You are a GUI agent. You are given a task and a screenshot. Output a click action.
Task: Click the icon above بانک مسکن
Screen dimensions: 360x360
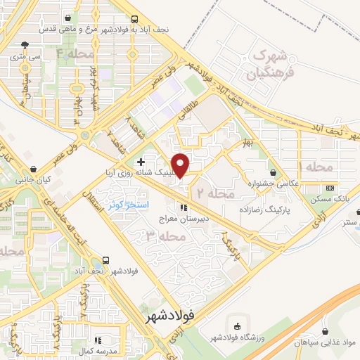tap(330, 188)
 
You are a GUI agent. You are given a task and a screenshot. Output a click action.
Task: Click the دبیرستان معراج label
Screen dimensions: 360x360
tap(184, 219)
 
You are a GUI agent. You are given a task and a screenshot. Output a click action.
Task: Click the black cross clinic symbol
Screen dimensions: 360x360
tap(141, 162)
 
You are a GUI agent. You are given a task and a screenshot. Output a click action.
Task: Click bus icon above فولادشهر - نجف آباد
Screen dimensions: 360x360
tap(105, 259)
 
